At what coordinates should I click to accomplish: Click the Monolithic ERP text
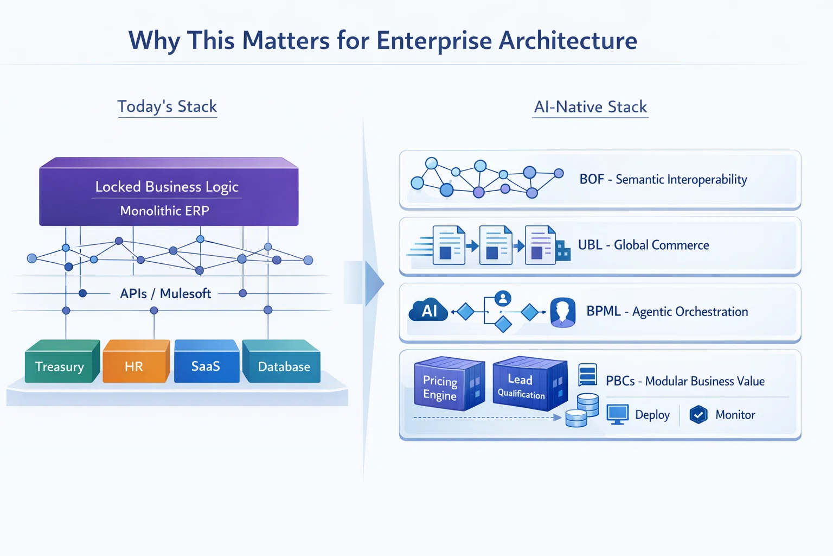164,211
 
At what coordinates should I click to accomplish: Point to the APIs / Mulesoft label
165,294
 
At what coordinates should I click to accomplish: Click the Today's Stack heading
167,106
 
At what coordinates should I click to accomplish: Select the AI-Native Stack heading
591,107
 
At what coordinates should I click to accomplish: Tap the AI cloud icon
428,311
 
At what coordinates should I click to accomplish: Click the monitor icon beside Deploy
617,414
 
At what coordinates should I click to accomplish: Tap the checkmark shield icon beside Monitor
699,415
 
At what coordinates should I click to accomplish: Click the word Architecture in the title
568,41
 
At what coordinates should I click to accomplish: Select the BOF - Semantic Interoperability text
663,179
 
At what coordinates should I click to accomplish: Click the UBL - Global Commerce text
643,245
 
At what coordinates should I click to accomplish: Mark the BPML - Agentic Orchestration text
667,312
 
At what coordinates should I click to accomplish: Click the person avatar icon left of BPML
562,312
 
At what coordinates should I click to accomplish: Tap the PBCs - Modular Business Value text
685,381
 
